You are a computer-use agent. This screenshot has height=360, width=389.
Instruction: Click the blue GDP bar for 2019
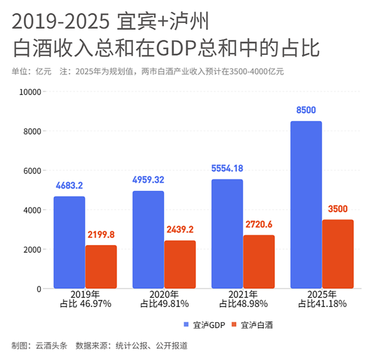click(x=69, y=242)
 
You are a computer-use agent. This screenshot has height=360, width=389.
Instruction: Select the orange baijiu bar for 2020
click(x=180, y=264)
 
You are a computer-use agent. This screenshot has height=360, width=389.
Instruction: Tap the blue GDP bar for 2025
click(x=306, y=205)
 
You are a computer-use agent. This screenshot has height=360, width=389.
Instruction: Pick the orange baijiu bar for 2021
click(x=259, y=262)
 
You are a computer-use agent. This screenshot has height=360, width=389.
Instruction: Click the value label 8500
click(x=306, y=110)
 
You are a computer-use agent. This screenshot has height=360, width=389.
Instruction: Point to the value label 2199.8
click(x=101, y=235)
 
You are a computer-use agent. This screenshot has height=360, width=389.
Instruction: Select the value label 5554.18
click(x=227, y=169)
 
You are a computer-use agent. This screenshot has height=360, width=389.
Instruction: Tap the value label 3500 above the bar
click(x=338, y=209)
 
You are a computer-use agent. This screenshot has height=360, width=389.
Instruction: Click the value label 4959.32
click(x=148, y=180)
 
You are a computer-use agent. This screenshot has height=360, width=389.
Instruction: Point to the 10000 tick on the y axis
click(x=30, y=91)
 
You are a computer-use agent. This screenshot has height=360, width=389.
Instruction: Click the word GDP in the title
click(x=174, y=49)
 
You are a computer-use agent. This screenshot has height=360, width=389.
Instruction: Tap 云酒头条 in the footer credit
click(x=51, y=346)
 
